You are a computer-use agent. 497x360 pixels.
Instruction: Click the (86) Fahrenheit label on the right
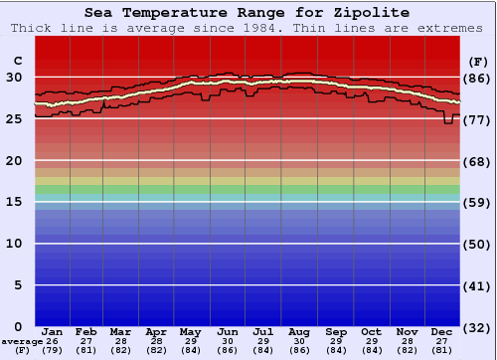(476, 78)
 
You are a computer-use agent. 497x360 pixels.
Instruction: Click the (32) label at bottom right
(476, 327)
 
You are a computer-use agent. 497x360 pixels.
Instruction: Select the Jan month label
(53, 331)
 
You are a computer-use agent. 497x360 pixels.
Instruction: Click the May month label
(189, 331)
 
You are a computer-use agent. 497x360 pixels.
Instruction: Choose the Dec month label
(442, 331)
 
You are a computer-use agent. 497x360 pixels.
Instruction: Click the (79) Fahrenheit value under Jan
(53, 350)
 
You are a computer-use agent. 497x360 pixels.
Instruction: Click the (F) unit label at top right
(476, 62)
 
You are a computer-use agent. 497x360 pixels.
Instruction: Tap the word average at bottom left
(21, 342)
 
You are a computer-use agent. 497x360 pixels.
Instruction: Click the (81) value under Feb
(86, 350)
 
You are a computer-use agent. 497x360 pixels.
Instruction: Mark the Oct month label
(371, 331)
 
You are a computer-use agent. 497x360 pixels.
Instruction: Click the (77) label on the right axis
(476, 119)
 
